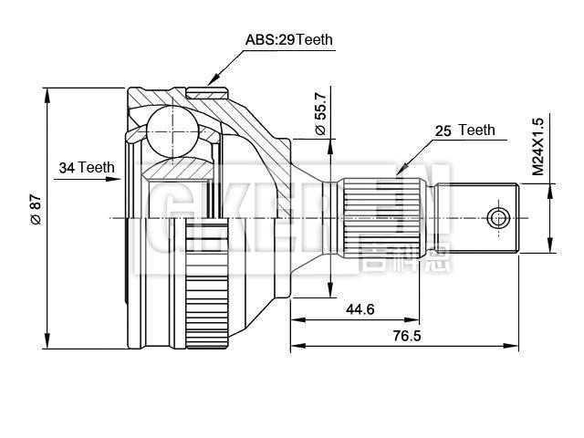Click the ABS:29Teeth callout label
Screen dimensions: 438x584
(x=289, y=39)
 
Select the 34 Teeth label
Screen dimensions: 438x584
(x=86, y=167)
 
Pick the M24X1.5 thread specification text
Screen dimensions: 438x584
(x=538, y=146)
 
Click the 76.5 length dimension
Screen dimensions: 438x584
(x=401, y=337)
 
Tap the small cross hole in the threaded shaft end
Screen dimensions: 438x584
(x=497, y=218)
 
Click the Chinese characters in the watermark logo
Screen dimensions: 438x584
(x=391, y=259)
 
